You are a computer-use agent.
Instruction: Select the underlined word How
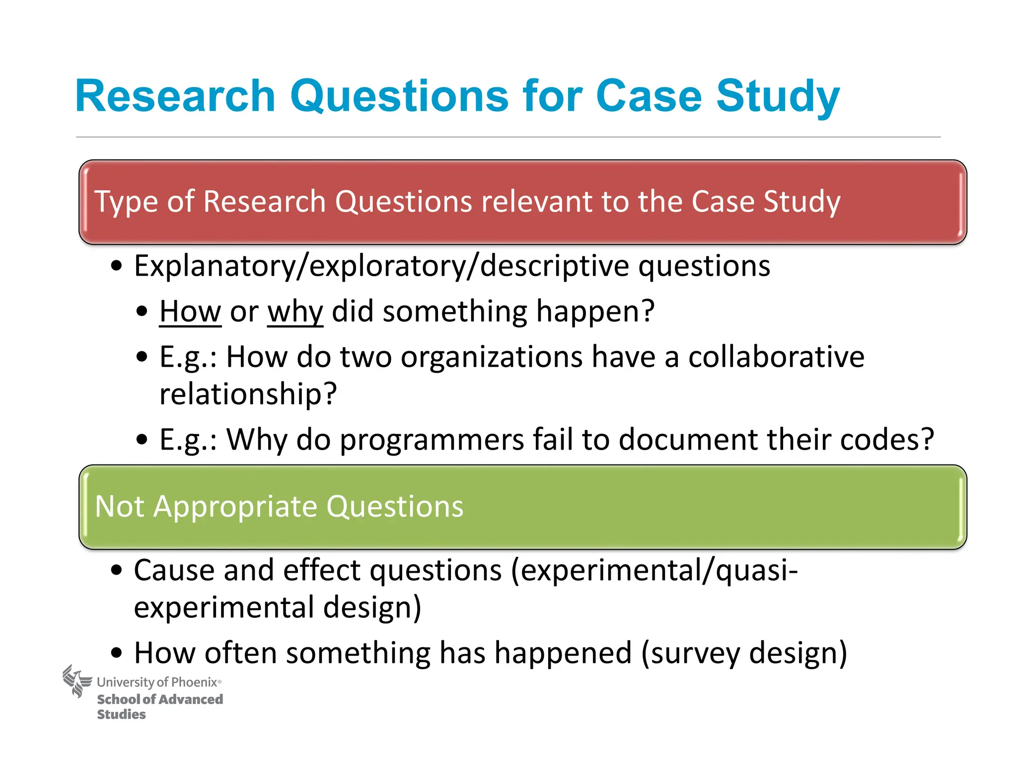190,312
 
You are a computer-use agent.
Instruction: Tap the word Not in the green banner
119,507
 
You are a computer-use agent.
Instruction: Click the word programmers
432,440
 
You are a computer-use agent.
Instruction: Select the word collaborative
776,357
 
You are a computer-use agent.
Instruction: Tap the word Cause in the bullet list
174,570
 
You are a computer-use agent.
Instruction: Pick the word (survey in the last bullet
690,653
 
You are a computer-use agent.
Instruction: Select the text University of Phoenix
158,683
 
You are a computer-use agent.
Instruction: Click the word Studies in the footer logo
121,714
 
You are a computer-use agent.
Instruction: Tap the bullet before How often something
116,653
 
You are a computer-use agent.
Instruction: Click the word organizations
492,357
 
